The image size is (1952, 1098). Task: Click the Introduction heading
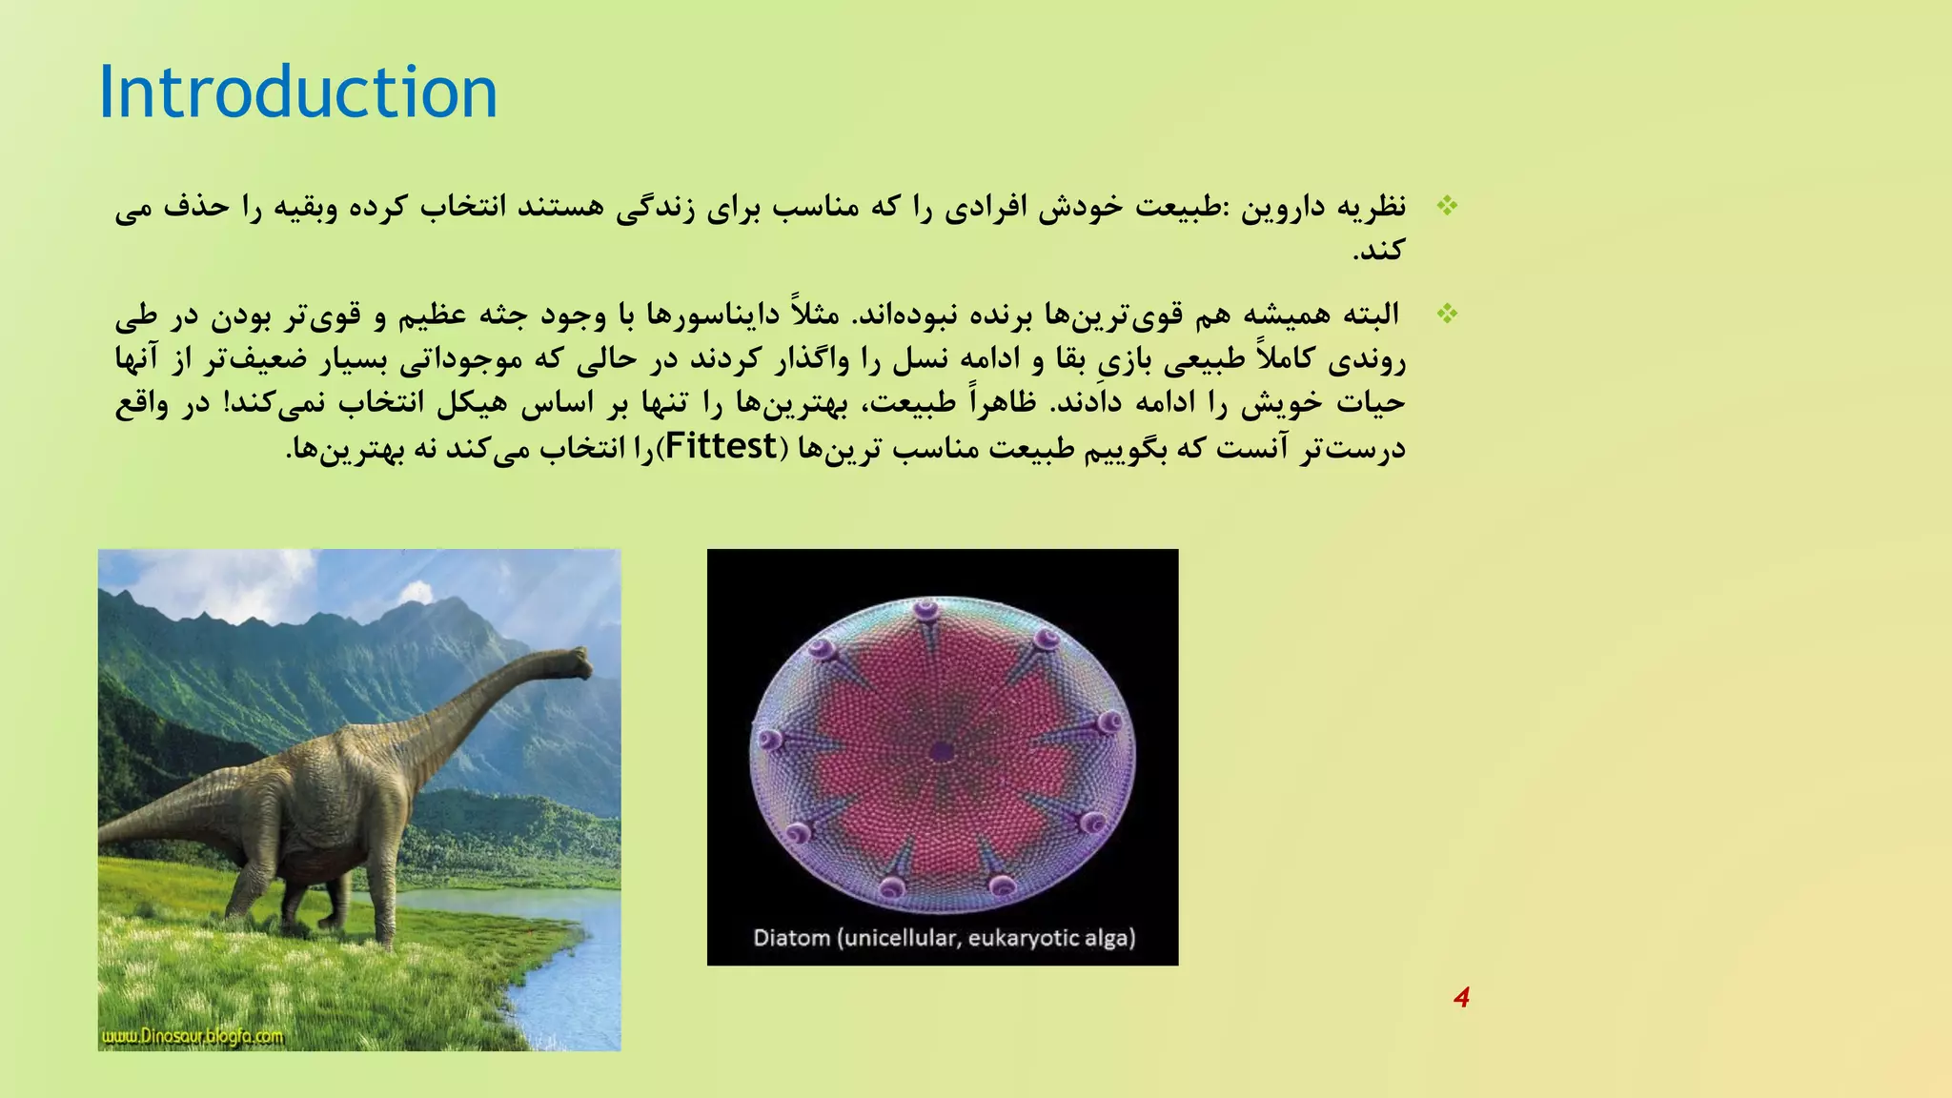tap(297, 92)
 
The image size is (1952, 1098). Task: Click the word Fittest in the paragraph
tap(721, 446)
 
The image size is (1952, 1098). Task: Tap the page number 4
tap(1461, 998)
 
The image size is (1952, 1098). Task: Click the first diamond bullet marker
tap(1447, 206)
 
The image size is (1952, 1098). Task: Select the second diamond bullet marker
tap(1447, 314)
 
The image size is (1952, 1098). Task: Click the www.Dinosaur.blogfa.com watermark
tap(192, 1036)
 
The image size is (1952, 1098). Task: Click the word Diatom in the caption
tap(791, 938)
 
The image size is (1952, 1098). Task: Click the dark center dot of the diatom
tap(942, 752)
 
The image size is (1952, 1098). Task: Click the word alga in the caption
tap(1108, 938)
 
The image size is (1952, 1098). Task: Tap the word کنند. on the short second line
tap(1379, 251)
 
